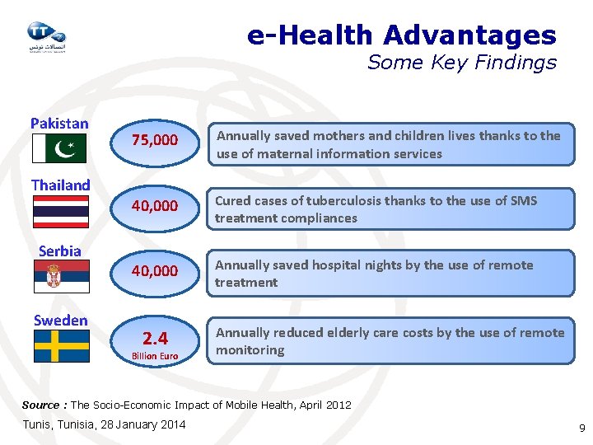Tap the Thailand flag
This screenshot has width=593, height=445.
[x=60, y=211]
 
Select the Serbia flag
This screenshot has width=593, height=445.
[x=61, y=277]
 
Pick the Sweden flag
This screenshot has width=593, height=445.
[x=61, y=346]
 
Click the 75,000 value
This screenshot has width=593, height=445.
[x=155, y=140]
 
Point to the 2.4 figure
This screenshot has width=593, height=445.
[x=155, y=338]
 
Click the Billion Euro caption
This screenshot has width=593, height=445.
[x=155, y=356]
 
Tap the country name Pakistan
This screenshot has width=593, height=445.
[x=59, y=124]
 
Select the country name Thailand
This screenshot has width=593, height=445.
[x=60, y=185]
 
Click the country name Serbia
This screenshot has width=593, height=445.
[x=60, y=251]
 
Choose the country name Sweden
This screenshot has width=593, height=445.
[x=60, y=321]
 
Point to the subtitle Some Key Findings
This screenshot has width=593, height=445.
[x=461, y=63]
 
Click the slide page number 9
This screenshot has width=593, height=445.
[x=581, y=429]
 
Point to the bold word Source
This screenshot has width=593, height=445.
[x=40, y=405]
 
